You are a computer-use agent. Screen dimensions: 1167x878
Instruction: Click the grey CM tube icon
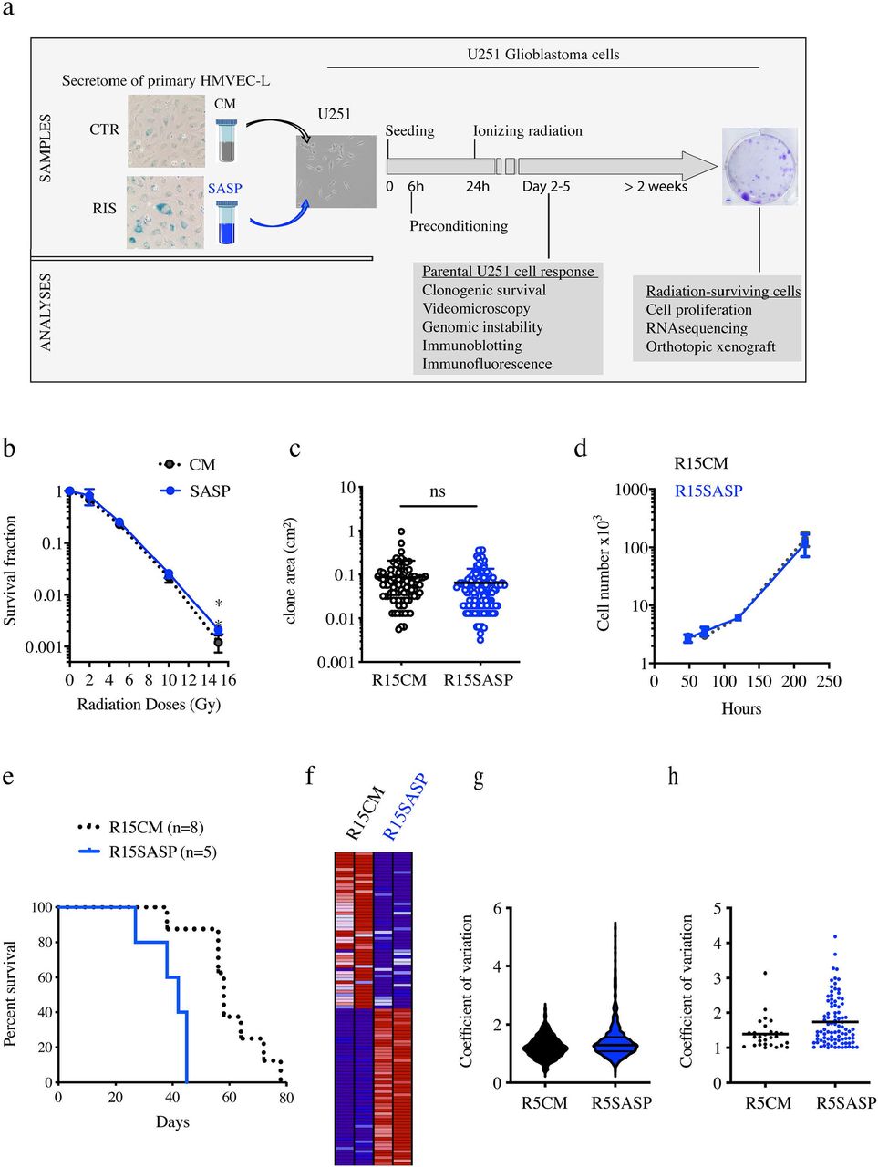[x=225, y=139]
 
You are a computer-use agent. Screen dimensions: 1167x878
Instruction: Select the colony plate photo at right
[x=759, y=167]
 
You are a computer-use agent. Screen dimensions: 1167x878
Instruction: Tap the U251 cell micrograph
[x=336, y=171]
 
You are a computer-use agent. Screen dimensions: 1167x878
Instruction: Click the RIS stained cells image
[x=166, y=212]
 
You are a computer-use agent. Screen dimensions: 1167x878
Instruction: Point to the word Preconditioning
[x=459, y=226]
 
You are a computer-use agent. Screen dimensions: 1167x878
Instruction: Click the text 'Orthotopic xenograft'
[x=710, y=346]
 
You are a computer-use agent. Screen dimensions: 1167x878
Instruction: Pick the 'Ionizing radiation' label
[x=528, y=130]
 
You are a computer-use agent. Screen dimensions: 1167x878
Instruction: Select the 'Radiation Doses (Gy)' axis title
[x=149, y=704]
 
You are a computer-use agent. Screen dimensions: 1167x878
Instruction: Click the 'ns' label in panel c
[x=438, y=491]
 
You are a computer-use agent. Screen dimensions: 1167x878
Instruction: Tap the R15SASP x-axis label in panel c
[x=478, y=680]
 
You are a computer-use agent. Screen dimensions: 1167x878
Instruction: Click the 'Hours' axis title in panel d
[x=741, y=708]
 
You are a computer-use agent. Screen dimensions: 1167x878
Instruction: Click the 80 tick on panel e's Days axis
[x=286, y=1098]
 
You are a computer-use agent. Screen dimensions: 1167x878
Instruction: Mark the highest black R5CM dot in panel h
[x=766, y=973]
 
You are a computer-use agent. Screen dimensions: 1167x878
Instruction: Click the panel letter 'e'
[x=8, y=777]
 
